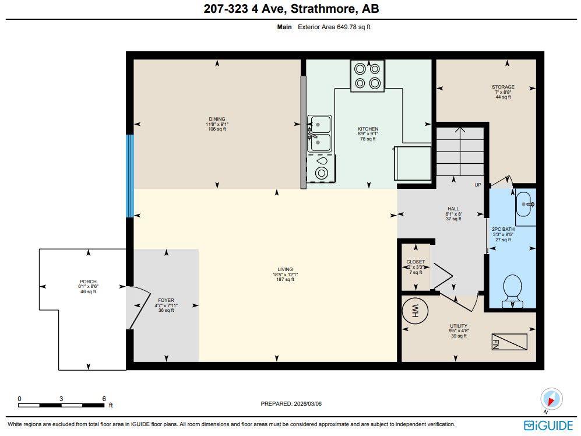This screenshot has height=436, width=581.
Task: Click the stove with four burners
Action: click(x=367, y=76)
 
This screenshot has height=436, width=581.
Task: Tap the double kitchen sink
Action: click(x=319, y=133)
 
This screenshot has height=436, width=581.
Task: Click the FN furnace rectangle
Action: click(x=509, y=342)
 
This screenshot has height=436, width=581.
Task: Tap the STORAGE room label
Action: click(x=503, y=87)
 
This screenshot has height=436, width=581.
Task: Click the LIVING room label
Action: click(x=285, y=269)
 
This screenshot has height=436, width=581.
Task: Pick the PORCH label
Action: click(x=88, y=282)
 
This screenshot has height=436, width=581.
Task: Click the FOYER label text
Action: click(x=166, y=301)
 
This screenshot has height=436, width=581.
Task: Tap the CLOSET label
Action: click(x=415, y=262)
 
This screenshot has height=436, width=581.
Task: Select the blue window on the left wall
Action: click(x=130, y=175)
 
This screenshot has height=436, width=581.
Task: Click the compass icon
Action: click(x=551, y=399)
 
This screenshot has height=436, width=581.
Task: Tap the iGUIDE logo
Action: click(x=548, y=425)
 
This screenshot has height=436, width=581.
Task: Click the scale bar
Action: click(x=61, y=405)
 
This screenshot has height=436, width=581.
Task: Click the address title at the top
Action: click(x=291, y=9)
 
